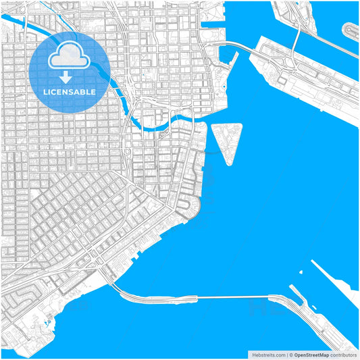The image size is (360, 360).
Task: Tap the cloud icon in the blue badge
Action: (70, 57)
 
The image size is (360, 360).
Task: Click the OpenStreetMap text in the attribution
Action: (311, 355)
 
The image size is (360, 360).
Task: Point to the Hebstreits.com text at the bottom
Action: (268, 355)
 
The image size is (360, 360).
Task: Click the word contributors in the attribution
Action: (343, 355)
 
